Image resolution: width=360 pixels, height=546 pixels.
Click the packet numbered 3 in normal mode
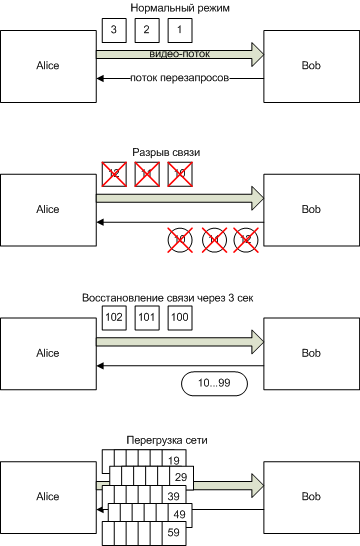coord(114,30)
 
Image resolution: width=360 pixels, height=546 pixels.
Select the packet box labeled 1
coord(178,30)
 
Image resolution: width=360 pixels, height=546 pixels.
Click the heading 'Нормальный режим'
coord(180,8)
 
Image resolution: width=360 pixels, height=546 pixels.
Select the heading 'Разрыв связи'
coord(166,152)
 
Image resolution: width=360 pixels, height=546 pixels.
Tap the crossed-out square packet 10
coord(178,174)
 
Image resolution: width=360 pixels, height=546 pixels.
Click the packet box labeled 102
coord(114,318)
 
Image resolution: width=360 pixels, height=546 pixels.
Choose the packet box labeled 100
coord(178,318)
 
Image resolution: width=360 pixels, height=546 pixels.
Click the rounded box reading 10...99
coord(213,384)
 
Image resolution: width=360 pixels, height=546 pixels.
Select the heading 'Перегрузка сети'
coord(166,440)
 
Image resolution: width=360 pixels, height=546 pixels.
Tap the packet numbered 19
coord(174,460)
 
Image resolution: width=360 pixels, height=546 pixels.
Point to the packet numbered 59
coord(174,533)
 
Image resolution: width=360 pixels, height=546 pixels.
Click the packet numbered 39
coord(174,497)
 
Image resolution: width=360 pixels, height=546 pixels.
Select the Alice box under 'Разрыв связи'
coord(48,209)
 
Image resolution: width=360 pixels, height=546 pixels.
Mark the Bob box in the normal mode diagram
coord(311,65)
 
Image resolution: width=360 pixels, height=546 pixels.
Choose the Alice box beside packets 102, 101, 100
coord(48,353)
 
